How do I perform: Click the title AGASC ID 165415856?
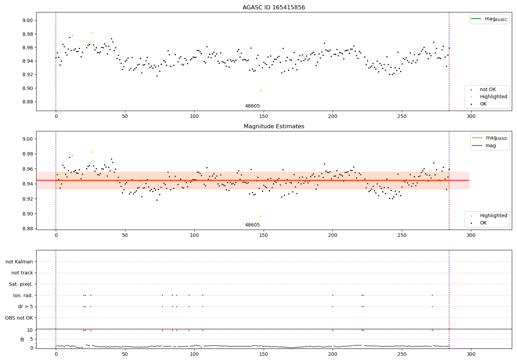pyautogui.click(x=274, y=8)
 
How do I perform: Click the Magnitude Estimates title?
pyautogui.click(x=274, y=127)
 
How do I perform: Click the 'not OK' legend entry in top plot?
pyautogui.click(x=488, y=90)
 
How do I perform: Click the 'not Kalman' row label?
pyautogui.click(x=19, y=262)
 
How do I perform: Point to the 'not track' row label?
pyautogui.click(x=22, y=273)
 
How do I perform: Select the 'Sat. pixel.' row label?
pyautogui.click(x=21, y=284)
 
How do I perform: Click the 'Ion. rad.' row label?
pyautogui.click(x=23, y=295)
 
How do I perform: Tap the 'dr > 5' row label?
pyautogui.click(x=25, y=306)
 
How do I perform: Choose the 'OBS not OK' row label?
pyautogui.click(x=19, y=318)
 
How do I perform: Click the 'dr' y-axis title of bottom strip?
pyautogui.click(x=22, y=339)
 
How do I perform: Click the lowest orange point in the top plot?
pyautogui.click(x=261, y=90)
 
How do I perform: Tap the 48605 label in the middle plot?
pyautogui.click(x=252, y=225)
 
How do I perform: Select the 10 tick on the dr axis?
pyautogui.click(x=30, y=330)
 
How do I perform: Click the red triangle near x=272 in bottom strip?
pyautogui.click(x=432, y=330)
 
